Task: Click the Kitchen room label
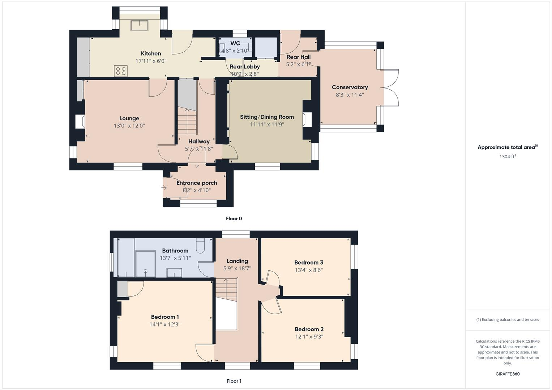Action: coord(151,53)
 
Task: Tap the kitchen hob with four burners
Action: coord(121,71)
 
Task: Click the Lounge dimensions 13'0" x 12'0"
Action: coord(129,126)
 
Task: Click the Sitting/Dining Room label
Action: coord(267,117)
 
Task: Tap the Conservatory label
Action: coord(350,87)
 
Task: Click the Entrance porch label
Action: coord(197,183)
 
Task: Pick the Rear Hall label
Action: coord(298,57)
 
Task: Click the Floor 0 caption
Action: coord(234,218)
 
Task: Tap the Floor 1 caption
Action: coord(234,381)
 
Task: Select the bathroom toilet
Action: coord(200,246)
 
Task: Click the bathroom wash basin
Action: coord(174,273)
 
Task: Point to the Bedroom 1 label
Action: coord(165,317)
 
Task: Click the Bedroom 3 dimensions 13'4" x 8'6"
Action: coord(308,270)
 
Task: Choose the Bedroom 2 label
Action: coord(309,329)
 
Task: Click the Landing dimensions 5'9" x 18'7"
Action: coord(237,268)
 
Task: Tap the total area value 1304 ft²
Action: coord(508,157)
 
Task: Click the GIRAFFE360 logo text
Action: coord(508,374)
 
